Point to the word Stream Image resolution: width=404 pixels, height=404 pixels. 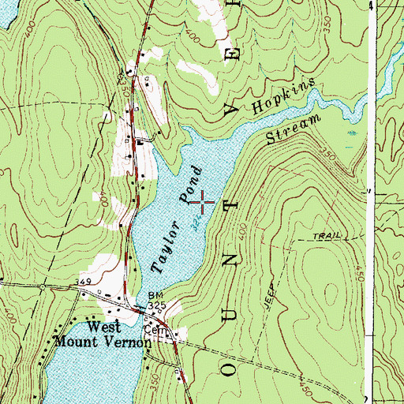tap(296, 130)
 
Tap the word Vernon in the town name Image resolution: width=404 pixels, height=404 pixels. tap(118, 342)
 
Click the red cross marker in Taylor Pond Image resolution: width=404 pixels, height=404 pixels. tap(203, 203)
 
